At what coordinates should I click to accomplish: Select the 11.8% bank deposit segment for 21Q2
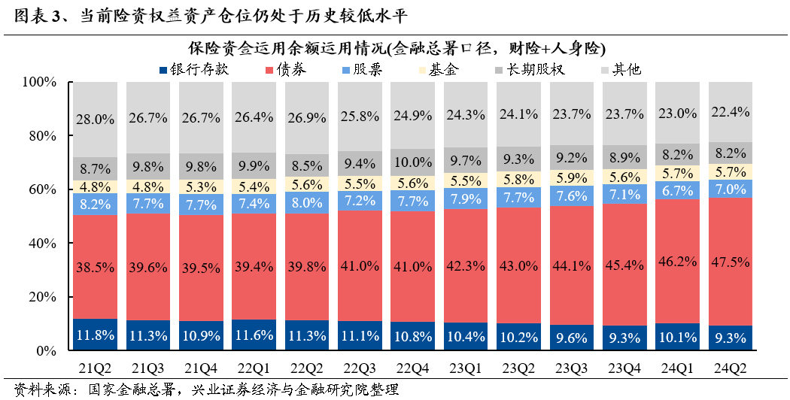(95, 335)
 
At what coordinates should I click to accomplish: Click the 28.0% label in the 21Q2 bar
(95, 119)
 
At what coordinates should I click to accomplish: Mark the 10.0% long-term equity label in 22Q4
(413, 162)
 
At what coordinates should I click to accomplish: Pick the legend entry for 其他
(627, 70)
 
